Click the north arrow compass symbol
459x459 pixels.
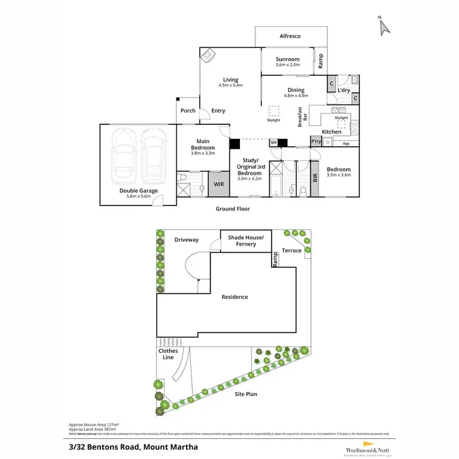point(384,26)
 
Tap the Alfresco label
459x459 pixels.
point(289,37)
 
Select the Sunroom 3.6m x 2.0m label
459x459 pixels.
point(287,62)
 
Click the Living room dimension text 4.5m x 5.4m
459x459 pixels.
point(231,85)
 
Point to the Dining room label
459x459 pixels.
point(296,90)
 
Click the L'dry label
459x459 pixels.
point(343,91)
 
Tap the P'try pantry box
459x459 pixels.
point(316,141)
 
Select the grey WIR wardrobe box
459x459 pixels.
point(218,184)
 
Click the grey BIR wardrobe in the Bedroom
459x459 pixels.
point(315,179)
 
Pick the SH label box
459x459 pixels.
point(274,143)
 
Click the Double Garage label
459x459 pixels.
point(138,191)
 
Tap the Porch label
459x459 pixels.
point(188,111)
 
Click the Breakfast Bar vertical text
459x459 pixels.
point(300,117)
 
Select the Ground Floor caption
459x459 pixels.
point(233,209)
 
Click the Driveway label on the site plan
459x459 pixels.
point(186,240)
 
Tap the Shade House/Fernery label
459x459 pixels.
point(246,241)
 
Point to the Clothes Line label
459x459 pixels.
point(168,354)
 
